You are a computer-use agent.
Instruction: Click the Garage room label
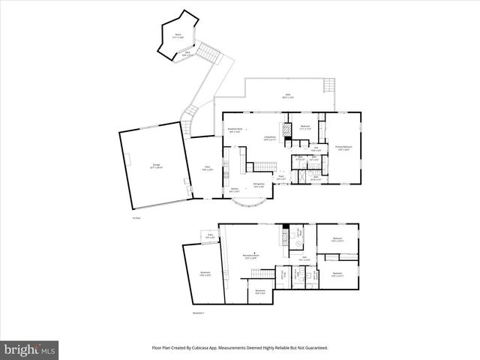[x=157, y=166]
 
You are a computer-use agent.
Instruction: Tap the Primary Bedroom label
[x=343, y=148]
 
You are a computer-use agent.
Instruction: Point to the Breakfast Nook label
[x=235, y=130]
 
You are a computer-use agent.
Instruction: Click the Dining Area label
[x=257, y=185]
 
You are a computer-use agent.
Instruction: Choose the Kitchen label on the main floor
[x=235, y=190]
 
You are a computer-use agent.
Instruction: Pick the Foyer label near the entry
[x=280, y=178]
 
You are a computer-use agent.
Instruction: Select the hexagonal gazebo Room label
[x=178, y=34]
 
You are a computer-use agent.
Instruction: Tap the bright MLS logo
[x=30, y=349]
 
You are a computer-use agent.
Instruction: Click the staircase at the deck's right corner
[x=326, y=85]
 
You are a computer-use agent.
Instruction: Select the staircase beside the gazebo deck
[x=211, y=55]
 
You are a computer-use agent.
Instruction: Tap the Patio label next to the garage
[x=208, y=169]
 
